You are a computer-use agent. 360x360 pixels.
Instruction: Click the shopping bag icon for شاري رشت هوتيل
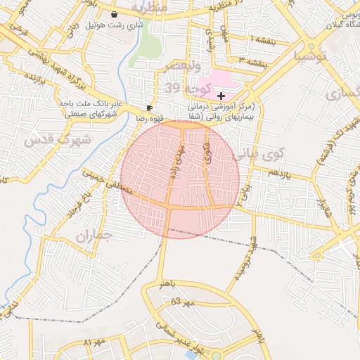pyautogui.click(x=115, y=13)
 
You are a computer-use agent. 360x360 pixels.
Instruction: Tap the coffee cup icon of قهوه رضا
pyautogui.click(x=149, y=108)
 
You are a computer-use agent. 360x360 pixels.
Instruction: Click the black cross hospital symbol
pyautogui.click(x=221, y=95)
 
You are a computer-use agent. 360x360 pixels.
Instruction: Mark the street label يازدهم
pyautogui.click(x=279, y=173)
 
